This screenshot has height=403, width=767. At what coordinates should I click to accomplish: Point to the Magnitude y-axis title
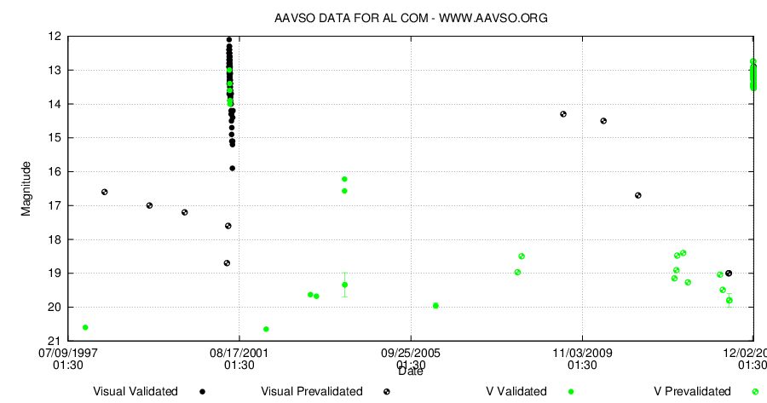(26, 188)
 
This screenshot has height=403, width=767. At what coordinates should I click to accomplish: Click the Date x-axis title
(411, 371)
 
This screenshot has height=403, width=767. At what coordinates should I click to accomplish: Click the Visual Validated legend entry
(136, 392)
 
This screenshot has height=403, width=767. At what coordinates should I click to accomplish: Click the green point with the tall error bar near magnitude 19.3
(344, 285)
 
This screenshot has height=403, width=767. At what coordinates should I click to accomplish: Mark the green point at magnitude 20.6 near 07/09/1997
(85, 327)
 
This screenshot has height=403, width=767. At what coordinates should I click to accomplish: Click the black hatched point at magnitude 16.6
(105, 192)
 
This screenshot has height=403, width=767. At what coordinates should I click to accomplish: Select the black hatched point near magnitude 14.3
(563, 114)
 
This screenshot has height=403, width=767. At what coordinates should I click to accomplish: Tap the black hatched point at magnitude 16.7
(638, 195)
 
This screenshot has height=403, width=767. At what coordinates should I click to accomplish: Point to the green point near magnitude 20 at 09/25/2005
(435, 305)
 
